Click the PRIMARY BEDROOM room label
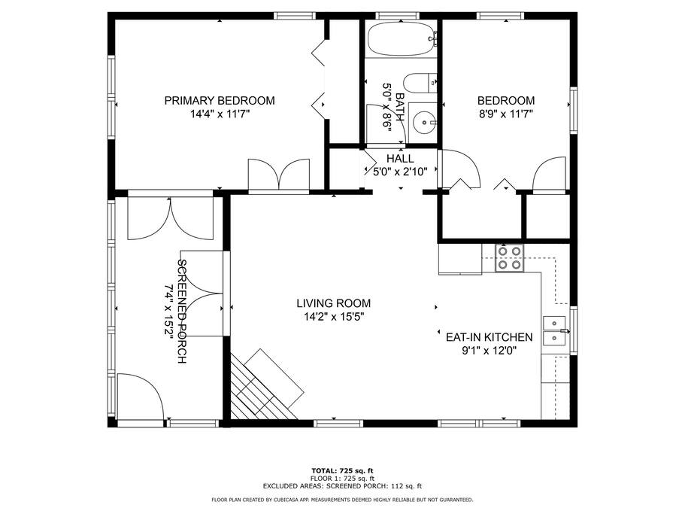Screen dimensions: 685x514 (x=220, y=101)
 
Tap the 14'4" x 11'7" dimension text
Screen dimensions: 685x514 (x=220, y=114)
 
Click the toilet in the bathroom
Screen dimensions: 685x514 (x=420, y=83)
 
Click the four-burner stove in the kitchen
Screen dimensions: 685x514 (x=509, y=258)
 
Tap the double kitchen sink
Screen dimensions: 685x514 (x=554, y=330)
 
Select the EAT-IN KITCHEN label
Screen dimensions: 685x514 (x=489, y=337)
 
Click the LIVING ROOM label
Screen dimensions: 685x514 (x=333, y=303)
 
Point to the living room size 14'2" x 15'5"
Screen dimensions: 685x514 (x=334, y=316)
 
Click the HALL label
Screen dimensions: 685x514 (x=400, y=158)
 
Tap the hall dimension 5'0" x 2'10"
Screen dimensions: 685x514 (x=400, y=172)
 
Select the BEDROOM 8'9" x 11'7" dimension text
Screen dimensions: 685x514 (x=506, y=114)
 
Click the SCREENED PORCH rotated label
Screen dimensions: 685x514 (x=182, y=312)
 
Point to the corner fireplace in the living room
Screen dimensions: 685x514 (x=266, y=385)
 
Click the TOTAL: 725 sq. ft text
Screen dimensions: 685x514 (x=342, y=471)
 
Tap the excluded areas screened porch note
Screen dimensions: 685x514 (x=342, y=485)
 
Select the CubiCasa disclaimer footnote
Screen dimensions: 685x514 (x=342, y=500)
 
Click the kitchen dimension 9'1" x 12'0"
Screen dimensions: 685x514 (x=490, y=351)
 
